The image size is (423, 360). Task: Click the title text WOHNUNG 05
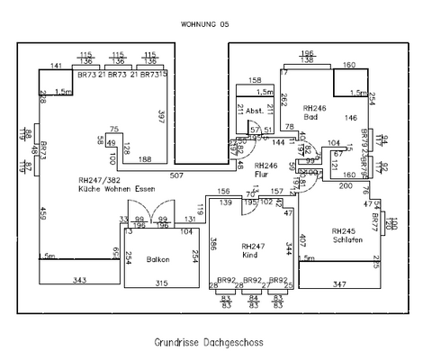(x=205, y=24)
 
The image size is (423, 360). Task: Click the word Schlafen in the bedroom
(x=346, y=240)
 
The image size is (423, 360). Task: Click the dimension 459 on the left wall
(x=41, y=214)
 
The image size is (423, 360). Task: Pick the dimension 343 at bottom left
(x=79, y=282)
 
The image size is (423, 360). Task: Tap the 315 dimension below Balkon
(x=162, y=283)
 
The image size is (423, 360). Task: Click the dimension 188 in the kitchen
(x=144, y=159)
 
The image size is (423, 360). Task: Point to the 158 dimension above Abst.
(x=255, y=80)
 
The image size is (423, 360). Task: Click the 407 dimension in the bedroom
(x=304, y=238)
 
